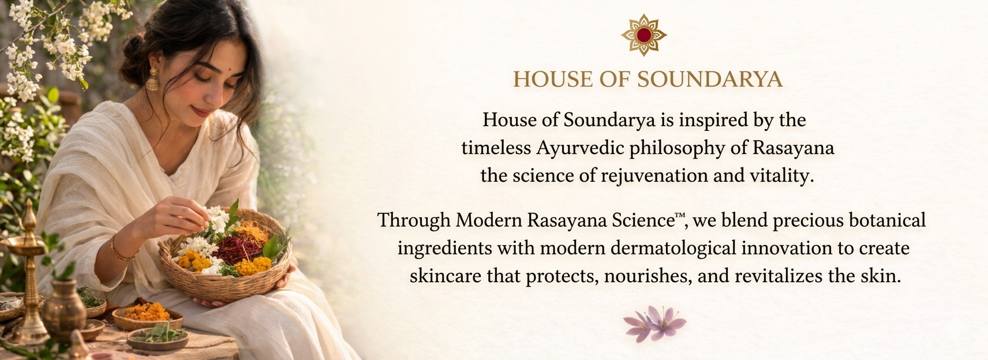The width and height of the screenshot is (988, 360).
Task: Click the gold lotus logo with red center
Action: (x=643, y=35)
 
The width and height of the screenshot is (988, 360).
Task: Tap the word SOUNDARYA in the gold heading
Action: (x=710, y=80)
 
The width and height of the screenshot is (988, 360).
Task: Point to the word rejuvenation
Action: (x=654, y=176)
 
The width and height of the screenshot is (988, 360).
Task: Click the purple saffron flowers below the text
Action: (x=655, y=324)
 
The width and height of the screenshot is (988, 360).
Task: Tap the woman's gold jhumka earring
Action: (x=152, y=80)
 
